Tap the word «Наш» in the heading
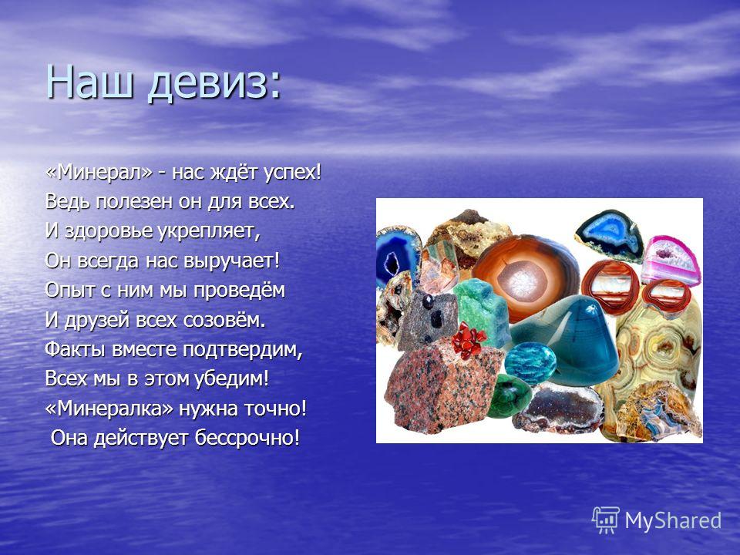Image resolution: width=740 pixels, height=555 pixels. coord(88,81)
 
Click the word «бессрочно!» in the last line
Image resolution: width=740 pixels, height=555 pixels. coord(247,438)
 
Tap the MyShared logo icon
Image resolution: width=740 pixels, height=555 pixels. coord(606,520)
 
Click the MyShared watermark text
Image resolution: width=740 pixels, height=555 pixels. coord(673,520)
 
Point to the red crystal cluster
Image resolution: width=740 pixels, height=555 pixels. coord(468,340)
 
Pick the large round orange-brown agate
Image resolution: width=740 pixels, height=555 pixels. coord(526,278)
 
